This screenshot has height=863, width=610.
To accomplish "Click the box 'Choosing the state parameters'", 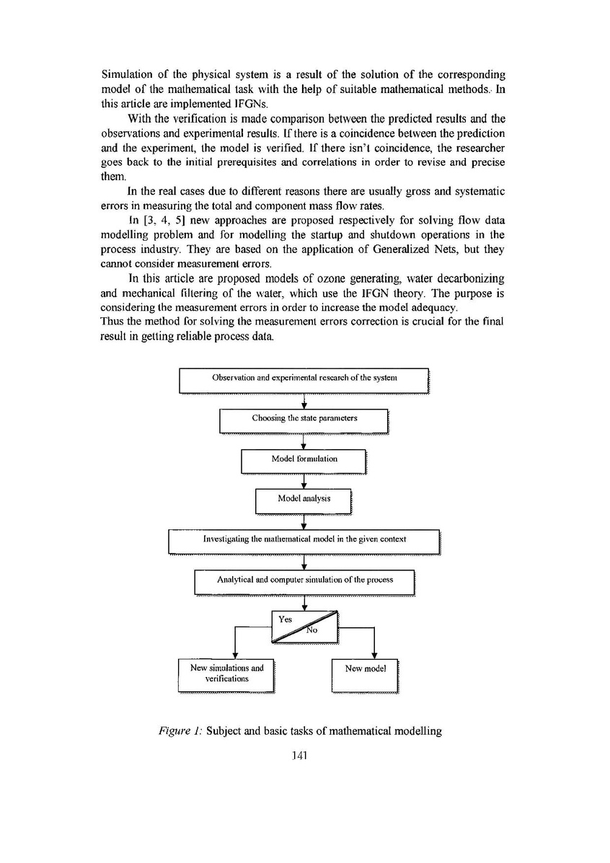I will [x=304, y=419].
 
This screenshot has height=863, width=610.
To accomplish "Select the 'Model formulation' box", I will [x=304, y=459].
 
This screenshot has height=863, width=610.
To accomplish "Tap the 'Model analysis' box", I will [x=304, y=499].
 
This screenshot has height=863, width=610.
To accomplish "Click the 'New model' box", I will [x=365, y=670].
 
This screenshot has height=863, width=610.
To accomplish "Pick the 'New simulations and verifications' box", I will [x=226, y=673].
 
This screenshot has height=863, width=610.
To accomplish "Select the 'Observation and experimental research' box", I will [x=304, y=379].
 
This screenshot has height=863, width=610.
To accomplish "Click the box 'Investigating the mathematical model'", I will [x=304, y=539].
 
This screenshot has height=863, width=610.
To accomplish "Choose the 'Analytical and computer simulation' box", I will [x=305, y=580].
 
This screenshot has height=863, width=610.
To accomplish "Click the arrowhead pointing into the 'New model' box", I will [x=373, y=655].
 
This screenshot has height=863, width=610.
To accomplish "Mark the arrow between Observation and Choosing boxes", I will [x=304, y=401].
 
